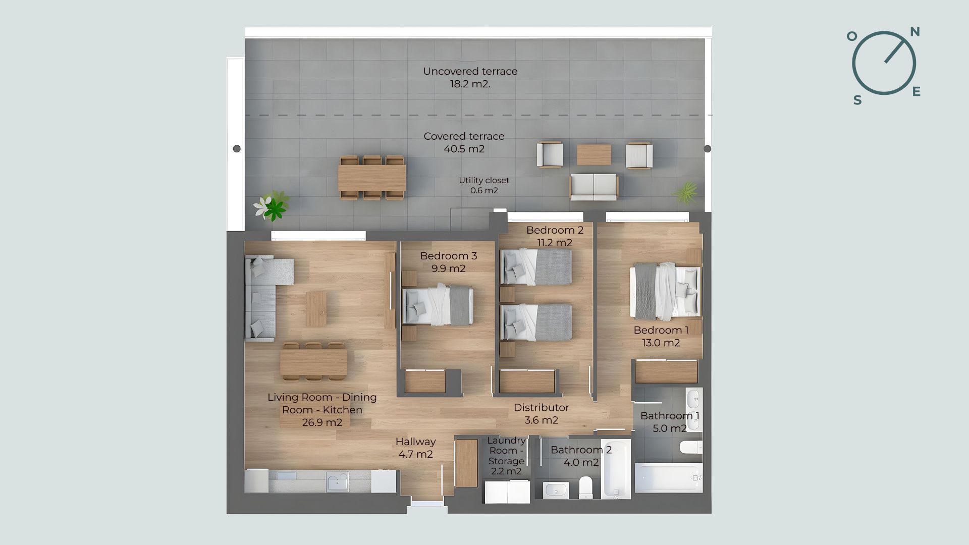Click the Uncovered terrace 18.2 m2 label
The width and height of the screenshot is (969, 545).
click(x=470, y=78)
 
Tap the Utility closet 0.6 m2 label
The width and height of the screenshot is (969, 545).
click(x=484, y=185)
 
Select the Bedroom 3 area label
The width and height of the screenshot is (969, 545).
click(x=448, y=262)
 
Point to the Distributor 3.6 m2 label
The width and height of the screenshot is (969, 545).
click(x=541, y=414)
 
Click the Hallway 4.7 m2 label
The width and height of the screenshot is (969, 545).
click(x=415, y=448)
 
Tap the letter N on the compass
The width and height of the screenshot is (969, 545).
click(x=914, y=32)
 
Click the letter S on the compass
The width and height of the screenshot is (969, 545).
click(x=857, y=100)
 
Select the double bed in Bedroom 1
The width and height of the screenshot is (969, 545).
click(x=665, y=292)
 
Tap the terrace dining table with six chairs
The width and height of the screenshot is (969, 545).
click(x=372, y=178)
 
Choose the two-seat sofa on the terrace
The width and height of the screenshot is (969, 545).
click(x=594, y=186)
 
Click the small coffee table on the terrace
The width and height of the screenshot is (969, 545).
click(x=594, y=154)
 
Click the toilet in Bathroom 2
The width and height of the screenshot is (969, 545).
click(x=586, y=486)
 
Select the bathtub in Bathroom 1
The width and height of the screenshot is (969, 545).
click(x=668, y=477)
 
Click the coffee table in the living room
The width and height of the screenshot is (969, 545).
click(x=316, y=308)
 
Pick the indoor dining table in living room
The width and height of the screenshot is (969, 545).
click(x=313, y=362)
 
